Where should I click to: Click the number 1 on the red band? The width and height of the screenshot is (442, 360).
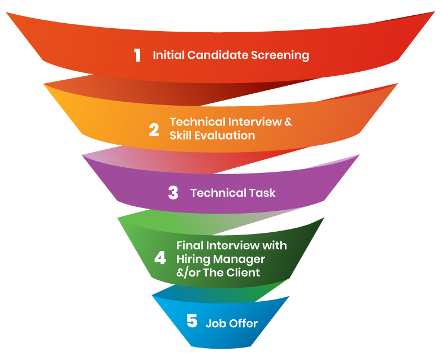[x=137, y=55]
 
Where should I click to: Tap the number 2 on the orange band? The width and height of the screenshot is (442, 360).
[x=154, y=130]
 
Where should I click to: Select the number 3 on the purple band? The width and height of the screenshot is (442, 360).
[x=173, y=193]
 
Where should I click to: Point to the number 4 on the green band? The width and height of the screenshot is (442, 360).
[x=161, y=259]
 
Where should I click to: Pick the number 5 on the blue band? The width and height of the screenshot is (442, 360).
[x=192, y=322]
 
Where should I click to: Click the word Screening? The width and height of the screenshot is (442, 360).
[x=281, y=55]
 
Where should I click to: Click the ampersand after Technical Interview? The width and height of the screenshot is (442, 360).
[x=288, y=122]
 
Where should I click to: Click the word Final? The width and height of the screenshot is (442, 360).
[x=189, y=246]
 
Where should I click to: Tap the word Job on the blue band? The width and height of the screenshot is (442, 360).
[x=215, y=324]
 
